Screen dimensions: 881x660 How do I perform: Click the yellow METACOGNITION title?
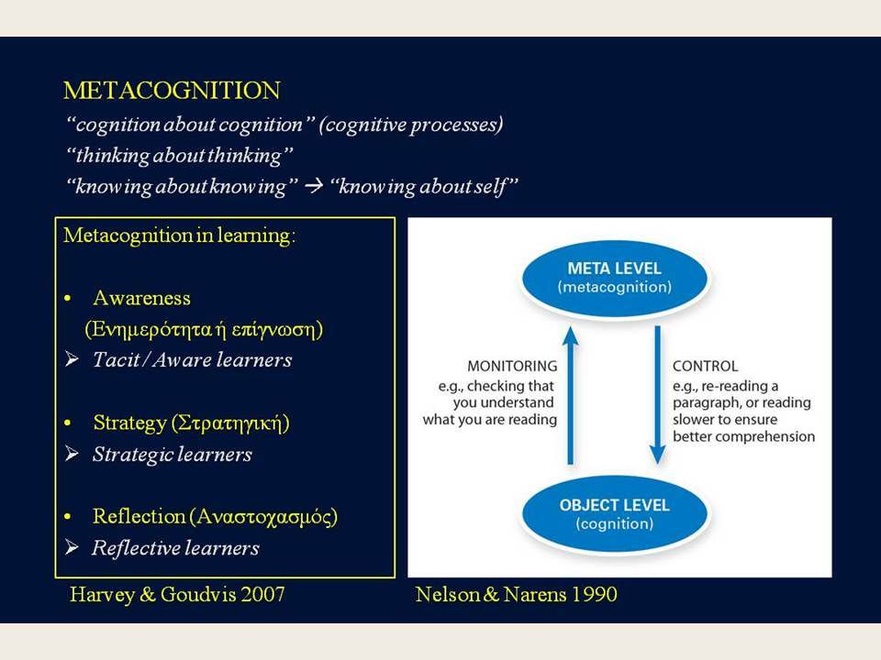point(172,91)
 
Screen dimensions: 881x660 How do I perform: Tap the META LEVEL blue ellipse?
point(615,277)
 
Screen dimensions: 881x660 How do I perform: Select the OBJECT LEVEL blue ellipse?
point(615,513)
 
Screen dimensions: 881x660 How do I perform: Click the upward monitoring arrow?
point(570,395)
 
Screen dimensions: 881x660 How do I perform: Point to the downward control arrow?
point(657,395)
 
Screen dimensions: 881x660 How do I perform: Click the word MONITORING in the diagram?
point(512,366)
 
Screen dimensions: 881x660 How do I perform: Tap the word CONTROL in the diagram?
point(705,366)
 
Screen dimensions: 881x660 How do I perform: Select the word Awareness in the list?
point(141,298)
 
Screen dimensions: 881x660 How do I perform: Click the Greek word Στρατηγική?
point(231,423)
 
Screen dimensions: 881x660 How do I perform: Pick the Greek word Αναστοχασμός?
point(264,517)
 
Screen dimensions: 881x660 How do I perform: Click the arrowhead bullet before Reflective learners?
point(72,546)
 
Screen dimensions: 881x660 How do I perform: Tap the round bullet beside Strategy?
point(68,423)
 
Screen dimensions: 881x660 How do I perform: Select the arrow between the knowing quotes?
point(314,186)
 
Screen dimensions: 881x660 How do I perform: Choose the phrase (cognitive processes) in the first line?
point(411,126)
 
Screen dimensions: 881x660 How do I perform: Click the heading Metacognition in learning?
point(179,236)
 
